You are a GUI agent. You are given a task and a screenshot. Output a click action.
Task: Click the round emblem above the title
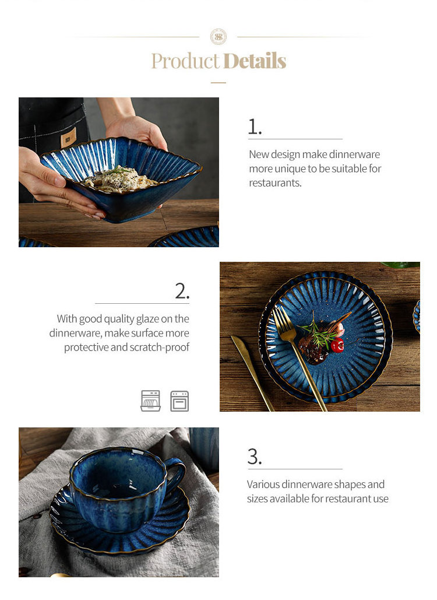(218, 37)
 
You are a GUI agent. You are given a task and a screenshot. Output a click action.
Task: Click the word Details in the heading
(255, 61)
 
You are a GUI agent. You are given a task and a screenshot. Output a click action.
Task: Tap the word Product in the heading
(185, 61)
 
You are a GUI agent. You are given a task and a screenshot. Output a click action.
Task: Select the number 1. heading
(255, 127)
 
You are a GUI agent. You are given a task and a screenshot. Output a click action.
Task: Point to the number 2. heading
(182, 291)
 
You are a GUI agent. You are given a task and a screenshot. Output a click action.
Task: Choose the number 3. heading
(255, 457)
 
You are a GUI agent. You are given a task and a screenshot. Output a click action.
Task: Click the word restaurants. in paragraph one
(275, 183)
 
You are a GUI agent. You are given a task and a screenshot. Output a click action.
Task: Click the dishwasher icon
(151, 401)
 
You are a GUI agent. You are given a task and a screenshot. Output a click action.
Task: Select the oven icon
(179, 401)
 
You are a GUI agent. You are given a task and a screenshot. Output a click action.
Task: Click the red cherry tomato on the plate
(337, 345)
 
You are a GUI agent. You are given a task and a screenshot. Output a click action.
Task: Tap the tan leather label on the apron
(68, 138)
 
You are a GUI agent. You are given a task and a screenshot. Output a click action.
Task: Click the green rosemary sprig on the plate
(319, 332)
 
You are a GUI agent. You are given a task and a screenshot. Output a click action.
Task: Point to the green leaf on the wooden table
(400, 264)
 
